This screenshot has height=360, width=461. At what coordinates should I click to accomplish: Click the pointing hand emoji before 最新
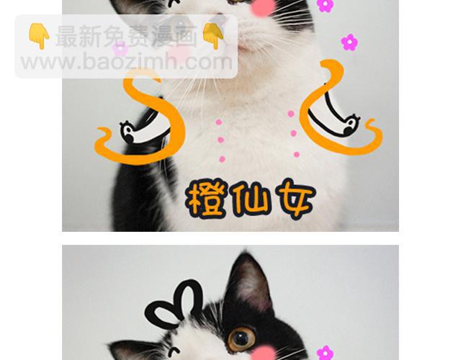(39, 36)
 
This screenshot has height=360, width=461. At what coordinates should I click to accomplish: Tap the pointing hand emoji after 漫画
(213, 36)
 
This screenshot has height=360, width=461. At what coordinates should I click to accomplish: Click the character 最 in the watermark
(66, 36)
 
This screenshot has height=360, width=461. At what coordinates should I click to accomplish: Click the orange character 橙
(207, 199)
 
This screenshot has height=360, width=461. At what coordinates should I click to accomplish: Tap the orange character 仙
(250, 199)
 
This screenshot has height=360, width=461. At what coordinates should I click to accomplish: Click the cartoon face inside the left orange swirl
(129, 132)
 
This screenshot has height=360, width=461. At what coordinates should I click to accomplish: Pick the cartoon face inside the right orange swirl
(351, 125)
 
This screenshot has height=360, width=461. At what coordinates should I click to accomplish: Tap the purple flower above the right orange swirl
(349, 42)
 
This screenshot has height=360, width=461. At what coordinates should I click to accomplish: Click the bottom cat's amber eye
(241, 339)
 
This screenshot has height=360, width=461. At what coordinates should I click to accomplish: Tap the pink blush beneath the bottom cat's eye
(262, 354)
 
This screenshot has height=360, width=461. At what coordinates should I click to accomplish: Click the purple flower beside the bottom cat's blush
(325, 354)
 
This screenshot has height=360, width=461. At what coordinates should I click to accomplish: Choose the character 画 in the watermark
(186, 36)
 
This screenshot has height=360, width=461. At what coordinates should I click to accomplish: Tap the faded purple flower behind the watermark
(120, 48)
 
